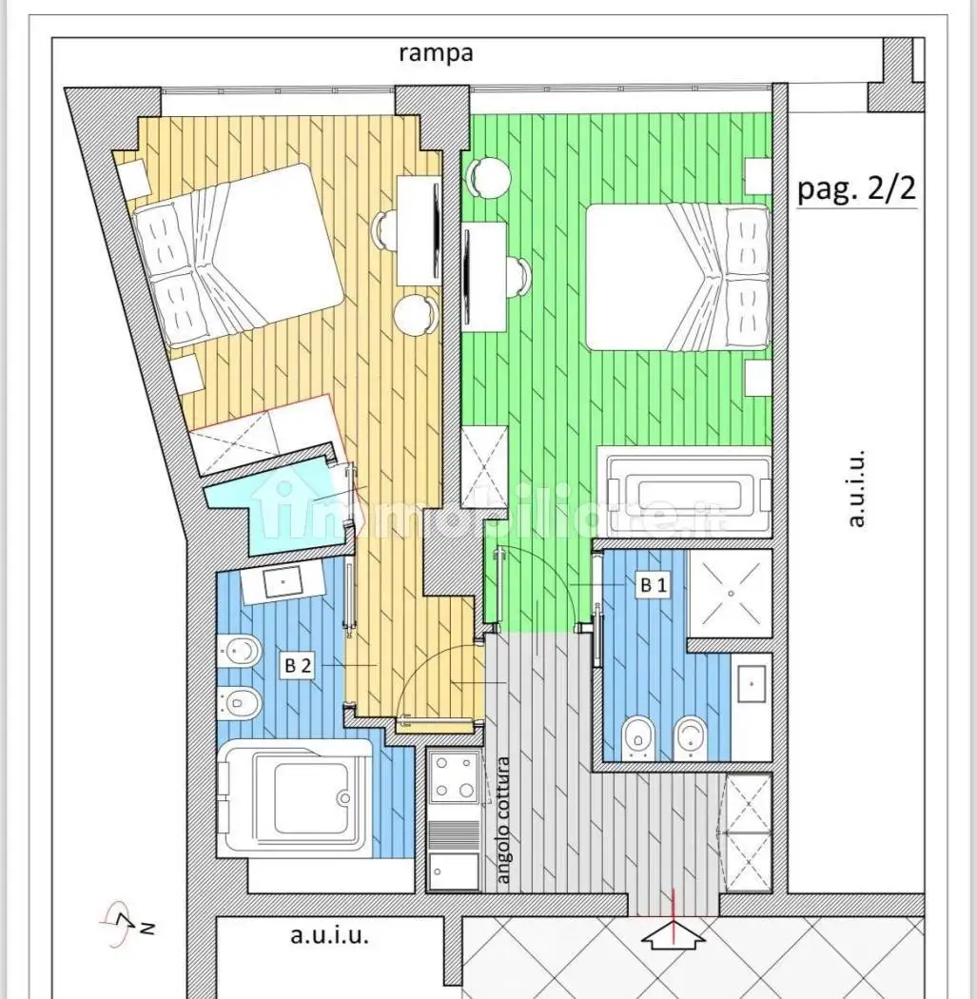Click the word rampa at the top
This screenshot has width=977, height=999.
(x=437, y=53)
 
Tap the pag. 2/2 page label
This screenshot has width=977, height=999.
(x=856, y=188)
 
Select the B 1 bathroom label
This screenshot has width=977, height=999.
(x=653, y=584)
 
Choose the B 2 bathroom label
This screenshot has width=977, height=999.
(x=298, y=666)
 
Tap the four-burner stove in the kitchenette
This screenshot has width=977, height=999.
(x=454, y=776)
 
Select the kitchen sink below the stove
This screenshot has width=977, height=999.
(x=454, y=872)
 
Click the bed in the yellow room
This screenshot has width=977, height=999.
(x=237, y=255)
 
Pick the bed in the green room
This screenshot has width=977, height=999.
(x=677, y=277)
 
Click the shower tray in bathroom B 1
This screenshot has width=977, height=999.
(x=731, y=593)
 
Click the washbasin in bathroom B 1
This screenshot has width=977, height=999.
(x=752, y=684)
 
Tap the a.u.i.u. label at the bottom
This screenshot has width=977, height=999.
(x=329, y=936)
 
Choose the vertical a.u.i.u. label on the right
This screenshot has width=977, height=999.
(x=856, y=489)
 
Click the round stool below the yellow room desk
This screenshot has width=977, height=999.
(x=417, y=315)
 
